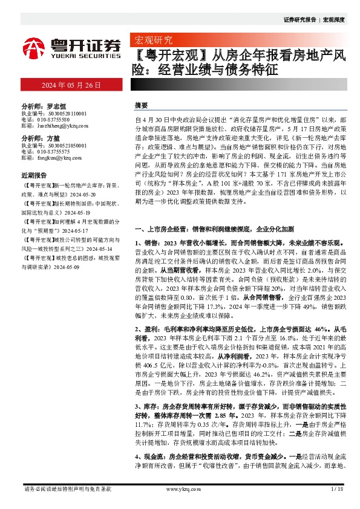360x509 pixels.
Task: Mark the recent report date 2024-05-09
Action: coord(66,266)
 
